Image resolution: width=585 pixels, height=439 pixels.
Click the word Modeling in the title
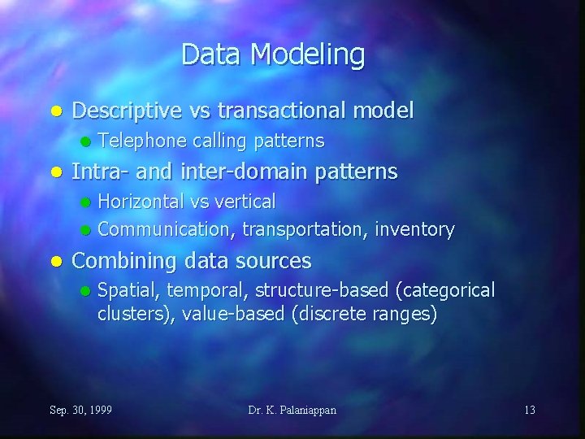coord(308,55)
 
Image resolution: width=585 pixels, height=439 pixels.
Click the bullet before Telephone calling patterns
coord(84,141)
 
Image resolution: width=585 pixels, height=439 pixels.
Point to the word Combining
coord(125,261)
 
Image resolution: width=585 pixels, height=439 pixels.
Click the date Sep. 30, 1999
coord(81,410)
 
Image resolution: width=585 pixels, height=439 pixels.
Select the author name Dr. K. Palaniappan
coord(292,410)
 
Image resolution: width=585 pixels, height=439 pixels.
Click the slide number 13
coord(529,410)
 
